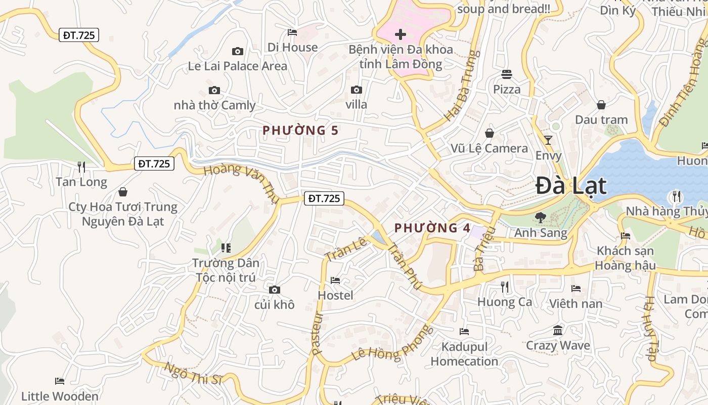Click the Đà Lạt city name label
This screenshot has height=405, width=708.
tap(571, 186)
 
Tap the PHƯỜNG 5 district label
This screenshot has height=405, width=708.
tap(300, 131)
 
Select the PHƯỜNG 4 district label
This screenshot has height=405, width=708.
tap(432, 228)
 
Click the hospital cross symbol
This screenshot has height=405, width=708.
tap(401, 34)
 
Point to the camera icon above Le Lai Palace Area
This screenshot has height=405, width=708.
tap(238, 51)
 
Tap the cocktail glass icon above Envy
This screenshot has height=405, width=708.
tap(548, 140)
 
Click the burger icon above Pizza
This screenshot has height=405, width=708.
tap(507, 74)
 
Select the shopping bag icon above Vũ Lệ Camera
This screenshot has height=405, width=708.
tap(490, 133)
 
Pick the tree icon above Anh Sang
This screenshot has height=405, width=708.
tap(541, 218)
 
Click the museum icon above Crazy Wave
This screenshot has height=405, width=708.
tap(558, 331)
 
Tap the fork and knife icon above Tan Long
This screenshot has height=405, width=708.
tap(81, 167)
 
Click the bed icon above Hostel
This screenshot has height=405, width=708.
tap(335, 280)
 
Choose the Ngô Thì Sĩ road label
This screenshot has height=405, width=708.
tap(194, 374)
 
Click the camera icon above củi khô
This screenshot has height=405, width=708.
tap(275, 290)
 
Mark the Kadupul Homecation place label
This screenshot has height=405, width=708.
tap(464, 354)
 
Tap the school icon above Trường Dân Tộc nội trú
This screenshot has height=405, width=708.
tap(226, 248)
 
